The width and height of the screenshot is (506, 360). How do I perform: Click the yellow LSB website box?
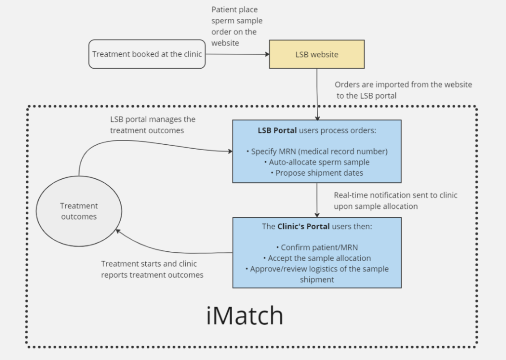point(317,54)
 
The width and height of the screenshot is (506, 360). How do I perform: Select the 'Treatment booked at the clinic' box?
point(147,54)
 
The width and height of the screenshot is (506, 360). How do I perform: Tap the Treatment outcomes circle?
point(79,211)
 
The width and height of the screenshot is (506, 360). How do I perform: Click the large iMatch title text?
point(245,316)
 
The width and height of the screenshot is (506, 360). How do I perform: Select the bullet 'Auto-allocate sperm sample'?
point(317,162)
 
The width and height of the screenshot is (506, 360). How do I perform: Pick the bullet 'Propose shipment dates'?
point(317,173)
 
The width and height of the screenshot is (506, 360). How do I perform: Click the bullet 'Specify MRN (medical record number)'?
point(317,151)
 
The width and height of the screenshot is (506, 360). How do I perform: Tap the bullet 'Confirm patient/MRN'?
point(317,247)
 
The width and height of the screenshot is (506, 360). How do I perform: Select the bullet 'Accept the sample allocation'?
point(317,258)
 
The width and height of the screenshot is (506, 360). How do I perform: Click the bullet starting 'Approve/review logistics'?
point(317,269)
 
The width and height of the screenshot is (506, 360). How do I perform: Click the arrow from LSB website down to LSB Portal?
point(317,94)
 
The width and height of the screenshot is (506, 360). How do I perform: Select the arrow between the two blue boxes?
point(317,200)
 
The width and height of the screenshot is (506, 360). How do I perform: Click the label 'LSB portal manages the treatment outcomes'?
point(153,125)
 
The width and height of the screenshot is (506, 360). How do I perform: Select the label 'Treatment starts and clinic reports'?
point(152,269)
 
